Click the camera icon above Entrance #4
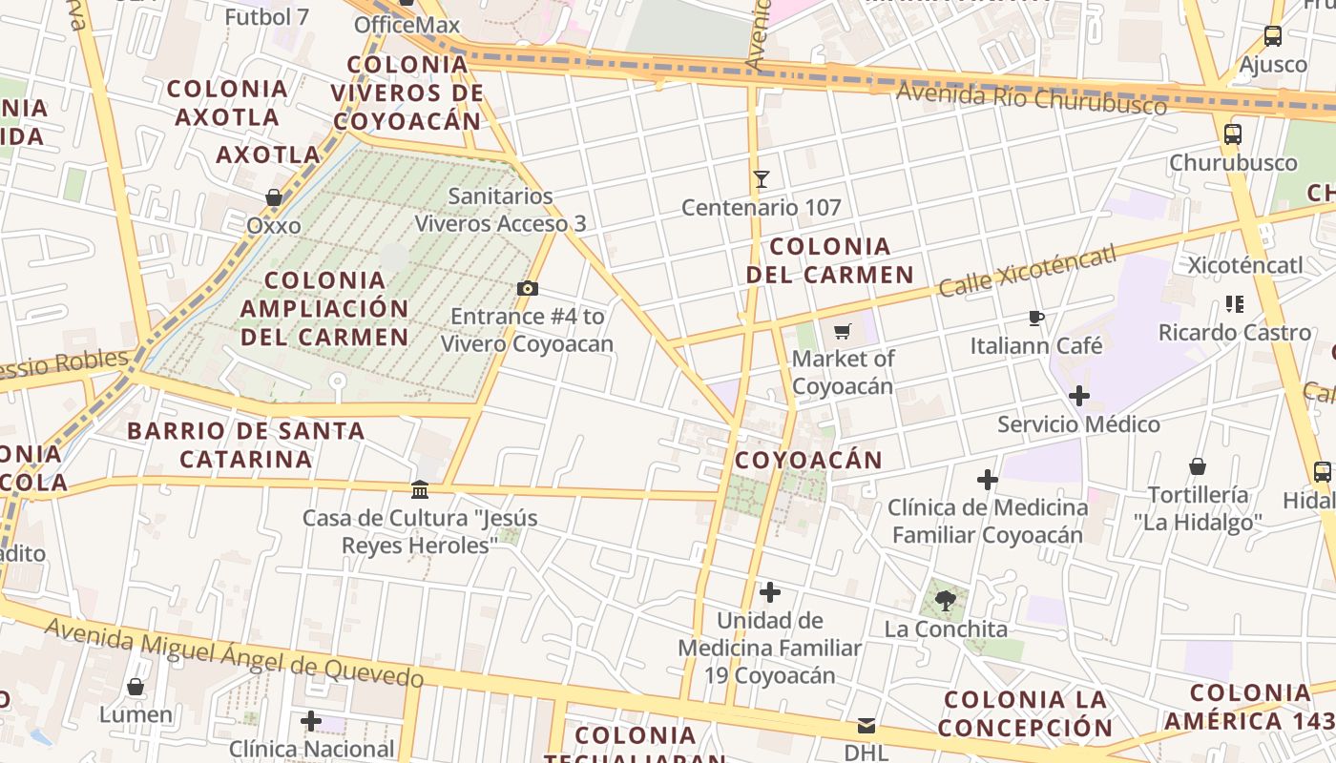527,289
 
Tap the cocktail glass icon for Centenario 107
761,178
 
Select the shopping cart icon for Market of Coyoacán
842,332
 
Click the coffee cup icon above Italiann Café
1036,318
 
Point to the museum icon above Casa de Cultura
420,490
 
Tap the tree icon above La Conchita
946,601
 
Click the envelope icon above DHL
866,726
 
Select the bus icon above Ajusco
1272,36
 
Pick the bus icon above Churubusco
1233,134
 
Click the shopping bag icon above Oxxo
274,198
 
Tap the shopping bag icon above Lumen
136,687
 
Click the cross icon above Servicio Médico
1079,396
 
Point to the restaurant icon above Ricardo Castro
1235,304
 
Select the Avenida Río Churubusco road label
1031,97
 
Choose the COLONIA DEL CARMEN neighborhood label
829,260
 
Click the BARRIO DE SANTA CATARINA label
246,444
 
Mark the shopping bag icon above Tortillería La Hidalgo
1198,466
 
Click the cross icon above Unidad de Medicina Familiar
769,592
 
